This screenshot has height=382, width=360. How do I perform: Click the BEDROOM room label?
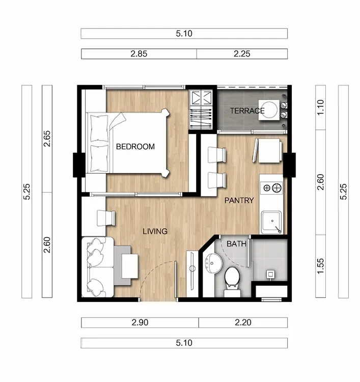pyautogui.click(x=135, y=146)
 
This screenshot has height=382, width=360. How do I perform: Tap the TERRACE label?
pyautogui.click(x=247, y=111)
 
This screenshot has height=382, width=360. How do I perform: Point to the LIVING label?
pyautogui.click(x=155, y=231)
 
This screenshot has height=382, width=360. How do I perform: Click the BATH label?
pyautogui.click(x=236, y=243)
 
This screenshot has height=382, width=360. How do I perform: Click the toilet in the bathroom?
pyautogui.click(x=232, y=281)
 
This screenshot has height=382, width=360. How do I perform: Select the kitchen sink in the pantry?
pyautogui.click(x=271, y=222)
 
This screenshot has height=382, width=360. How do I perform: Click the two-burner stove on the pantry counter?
pyautogui.click(x=271, y=187)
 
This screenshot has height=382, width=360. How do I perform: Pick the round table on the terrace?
pyautogui.click(x=269, y=110)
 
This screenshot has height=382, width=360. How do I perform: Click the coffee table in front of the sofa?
pyautogui.click(x=130, y=266)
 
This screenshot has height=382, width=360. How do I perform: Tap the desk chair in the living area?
pyautogui.click(x=106, y=218)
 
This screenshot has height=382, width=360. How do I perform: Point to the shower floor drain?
pyautogui.click(x=270, y=275)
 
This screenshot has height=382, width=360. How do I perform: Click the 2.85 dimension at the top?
pyautogui.click(x=139, y=53)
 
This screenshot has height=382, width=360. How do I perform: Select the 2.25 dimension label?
pyautogui.click(x=242, y=53)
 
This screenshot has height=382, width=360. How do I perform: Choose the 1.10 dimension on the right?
pyautogui.click(x=320, y=107)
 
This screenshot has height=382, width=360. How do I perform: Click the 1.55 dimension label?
pyautogui.click(x=320, y=266)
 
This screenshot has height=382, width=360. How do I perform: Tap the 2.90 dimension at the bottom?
pyautogui.click(x=140, y=322)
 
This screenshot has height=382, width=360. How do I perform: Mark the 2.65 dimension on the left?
pyautogui.click(x=47, y=139)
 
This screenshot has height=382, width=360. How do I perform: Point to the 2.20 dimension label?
pyautogui.click(x=243, y=322)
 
